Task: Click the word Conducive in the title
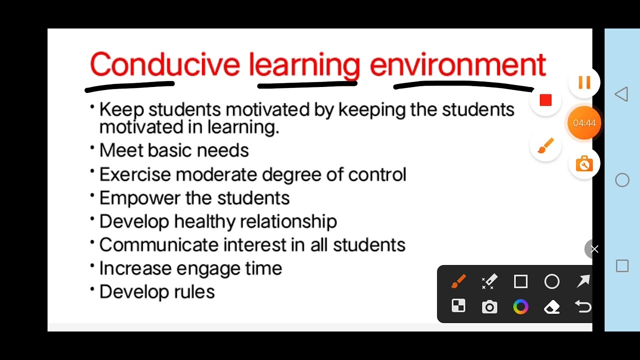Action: pos(164,65)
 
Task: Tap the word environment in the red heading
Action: pos(457,65)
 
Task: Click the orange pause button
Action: pos(584,82)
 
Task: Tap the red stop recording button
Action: pos(545,101)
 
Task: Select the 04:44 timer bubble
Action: pos(584,123)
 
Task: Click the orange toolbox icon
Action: pos(584,164)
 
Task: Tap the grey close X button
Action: pos(594,249)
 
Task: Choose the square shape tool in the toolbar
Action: pos(520,282)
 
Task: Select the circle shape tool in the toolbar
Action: pos(552,282)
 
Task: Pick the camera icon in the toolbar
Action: pos(489,307)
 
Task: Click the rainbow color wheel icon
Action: pos(520,307)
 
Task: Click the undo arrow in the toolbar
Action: pos(583,307)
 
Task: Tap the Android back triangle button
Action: pos(621,94)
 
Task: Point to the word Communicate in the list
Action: pos(158,245)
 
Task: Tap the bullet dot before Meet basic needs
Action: pos(92,147)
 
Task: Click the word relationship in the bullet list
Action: pos(288,221)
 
